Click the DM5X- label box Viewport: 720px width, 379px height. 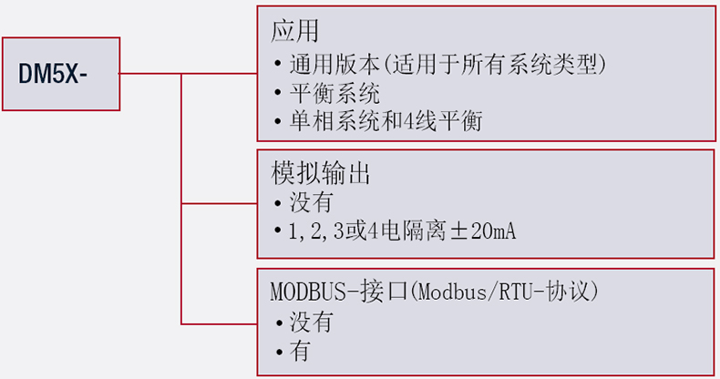[60, 74]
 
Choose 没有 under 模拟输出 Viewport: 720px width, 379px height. [311, 201]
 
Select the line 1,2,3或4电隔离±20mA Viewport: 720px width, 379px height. [402, 230]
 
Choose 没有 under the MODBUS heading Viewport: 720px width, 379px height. [311, 322]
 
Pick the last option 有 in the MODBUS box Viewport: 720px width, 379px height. [300, 351]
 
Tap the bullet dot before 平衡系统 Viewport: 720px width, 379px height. [278, 94]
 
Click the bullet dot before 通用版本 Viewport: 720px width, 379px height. [278, 66]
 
